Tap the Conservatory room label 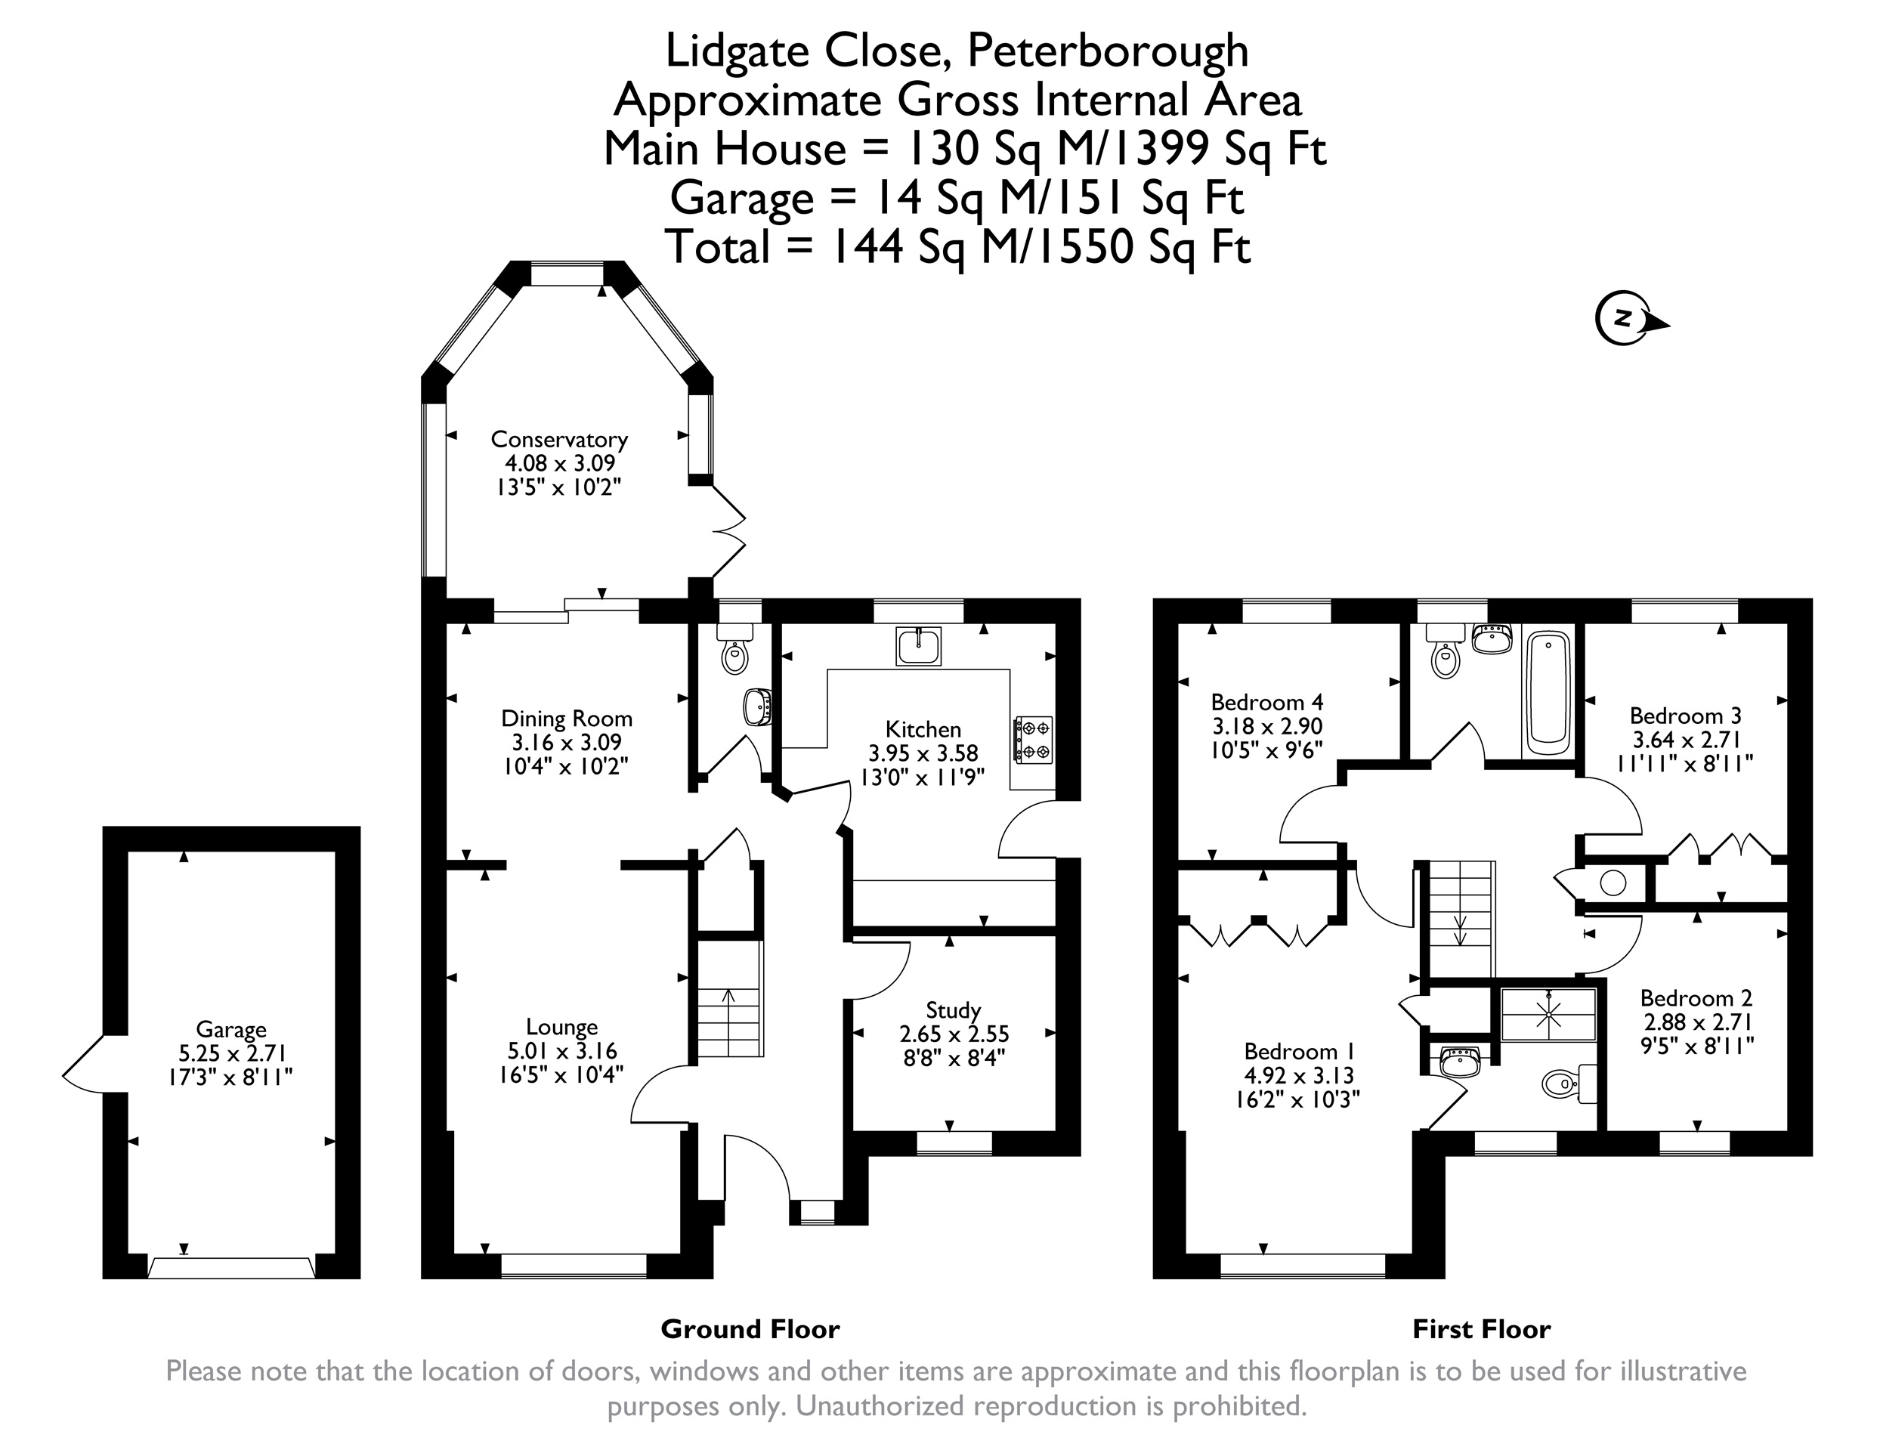558,439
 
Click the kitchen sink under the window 919,646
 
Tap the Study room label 953,1010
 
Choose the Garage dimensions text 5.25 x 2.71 231,1053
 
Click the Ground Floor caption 750,1329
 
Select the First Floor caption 1482,1330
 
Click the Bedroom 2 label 1696,998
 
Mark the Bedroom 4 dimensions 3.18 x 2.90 1266,726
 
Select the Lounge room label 562,1026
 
